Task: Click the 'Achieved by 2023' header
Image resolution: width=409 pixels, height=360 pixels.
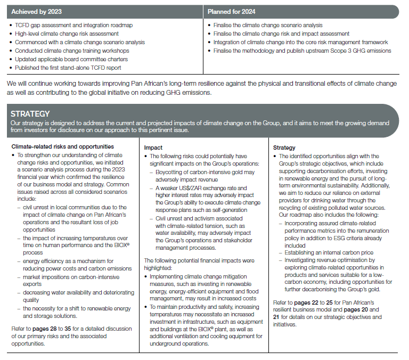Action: click(x=36, y=11)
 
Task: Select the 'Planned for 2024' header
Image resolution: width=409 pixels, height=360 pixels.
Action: click(x=232, y=11)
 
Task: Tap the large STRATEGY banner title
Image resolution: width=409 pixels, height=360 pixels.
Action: click(x=30, y=113)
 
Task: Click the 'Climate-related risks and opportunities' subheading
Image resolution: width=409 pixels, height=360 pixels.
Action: click(x=62, y=146)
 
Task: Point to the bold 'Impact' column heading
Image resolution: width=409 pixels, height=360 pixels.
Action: click(x=154, y=147)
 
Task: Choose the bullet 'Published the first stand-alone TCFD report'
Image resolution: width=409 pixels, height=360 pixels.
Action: click(x=68, y=68)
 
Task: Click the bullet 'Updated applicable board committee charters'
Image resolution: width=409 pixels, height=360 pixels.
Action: click(x=71, y=59)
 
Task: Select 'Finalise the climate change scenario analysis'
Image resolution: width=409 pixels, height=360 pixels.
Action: click(x=268, y=25)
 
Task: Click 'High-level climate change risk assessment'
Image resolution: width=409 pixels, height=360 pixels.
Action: click(x=67, y=34)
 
